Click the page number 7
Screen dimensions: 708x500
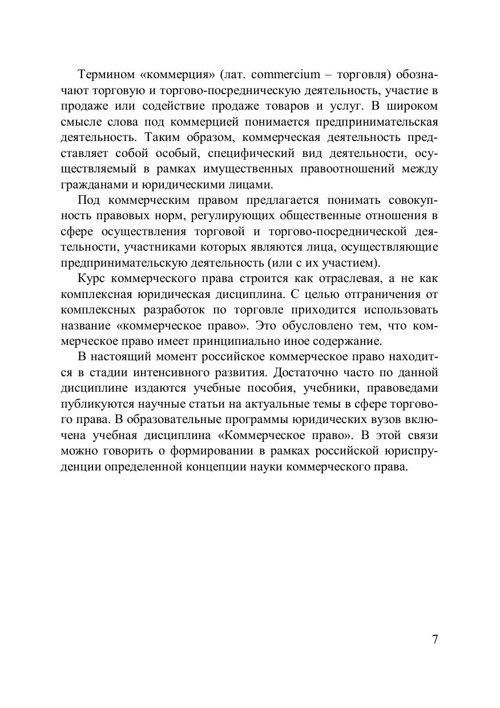(x=435, y=639)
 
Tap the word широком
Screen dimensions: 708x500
(x=412, y=106)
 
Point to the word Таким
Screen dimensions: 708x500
(x=167, y=138)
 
